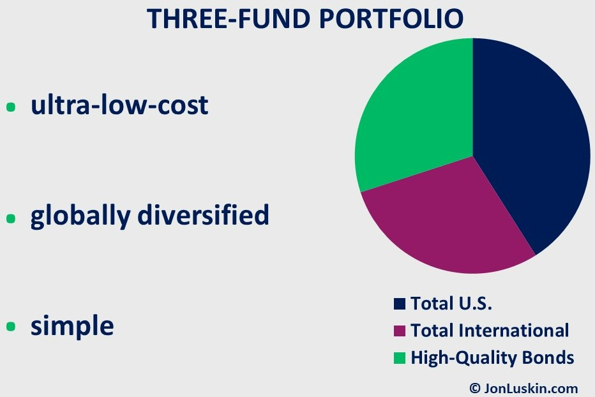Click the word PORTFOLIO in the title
[391, 19]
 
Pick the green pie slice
[418, 114]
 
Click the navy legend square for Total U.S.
[400, 304]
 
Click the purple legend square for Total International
[400, 331]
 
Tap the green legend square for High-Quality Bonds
[400, 358]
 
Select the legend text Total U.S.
[451, 303]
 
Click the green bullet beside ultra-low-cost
[11, 107]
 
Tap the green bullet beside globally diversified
[11, 218]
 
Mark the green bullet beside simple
[11, 326]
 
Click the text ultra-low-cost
[119, 105]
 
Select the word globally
[80, 216]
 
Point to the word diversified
[203, 214]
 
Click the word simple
[72, 326]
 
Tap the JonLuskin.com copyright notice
[523, 388]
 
